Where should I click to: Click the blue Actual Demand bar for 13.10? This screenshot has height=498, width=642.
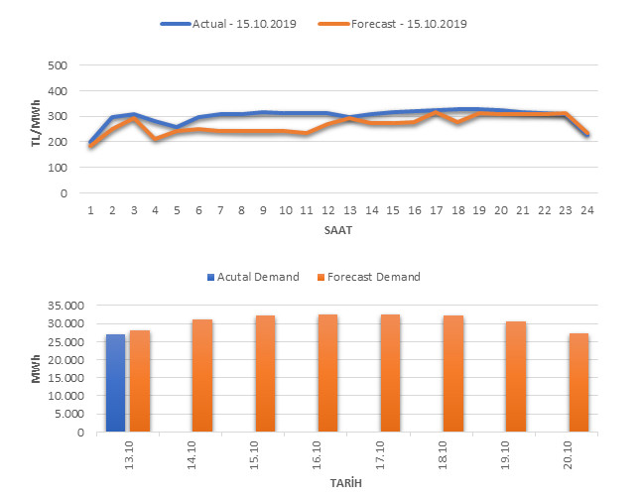tap(115, 383)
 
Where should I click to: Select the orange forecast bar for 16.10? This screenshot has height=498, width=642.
tap(328, 373)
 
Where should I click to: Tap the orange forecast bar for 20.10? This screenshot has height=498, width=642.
tap(579, 383)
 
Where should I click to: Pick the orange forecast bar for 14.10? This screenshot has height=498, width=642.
tap(202, 376)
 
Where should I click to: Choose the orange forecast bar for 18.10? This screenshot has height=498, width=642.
tap(453, 374)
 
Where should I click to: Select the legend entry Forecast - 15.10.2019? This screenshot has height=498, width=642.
tap(407, 23)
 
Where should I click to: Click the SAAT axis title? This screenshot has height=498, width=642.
tap(338, 230)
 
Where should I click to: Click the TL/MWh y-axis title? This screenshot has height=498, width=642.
tap(37, 129)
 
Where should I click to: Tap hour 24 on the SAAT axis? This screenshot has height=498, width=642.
tap(586, 210)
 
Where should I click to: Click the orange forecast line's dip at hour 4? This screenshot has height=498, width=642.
tap(156, 139)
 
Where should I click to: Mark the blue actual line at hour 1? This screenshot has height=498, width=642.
tap(91, 143)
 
